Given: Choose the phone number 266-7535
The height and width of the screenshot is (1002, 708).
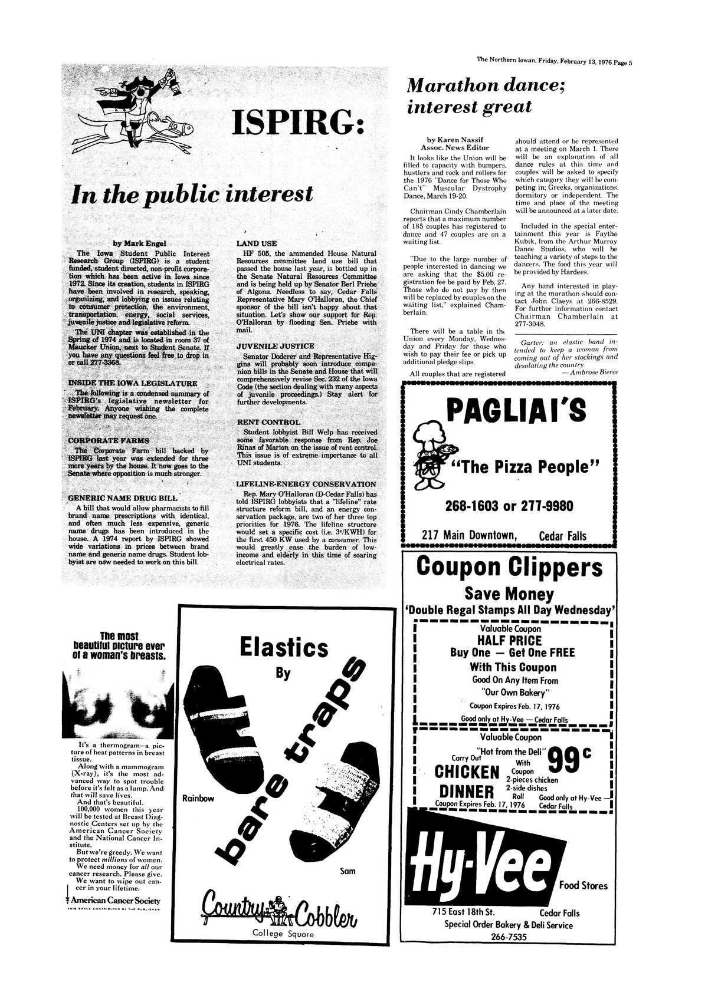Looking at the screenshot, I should point(509,938).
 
